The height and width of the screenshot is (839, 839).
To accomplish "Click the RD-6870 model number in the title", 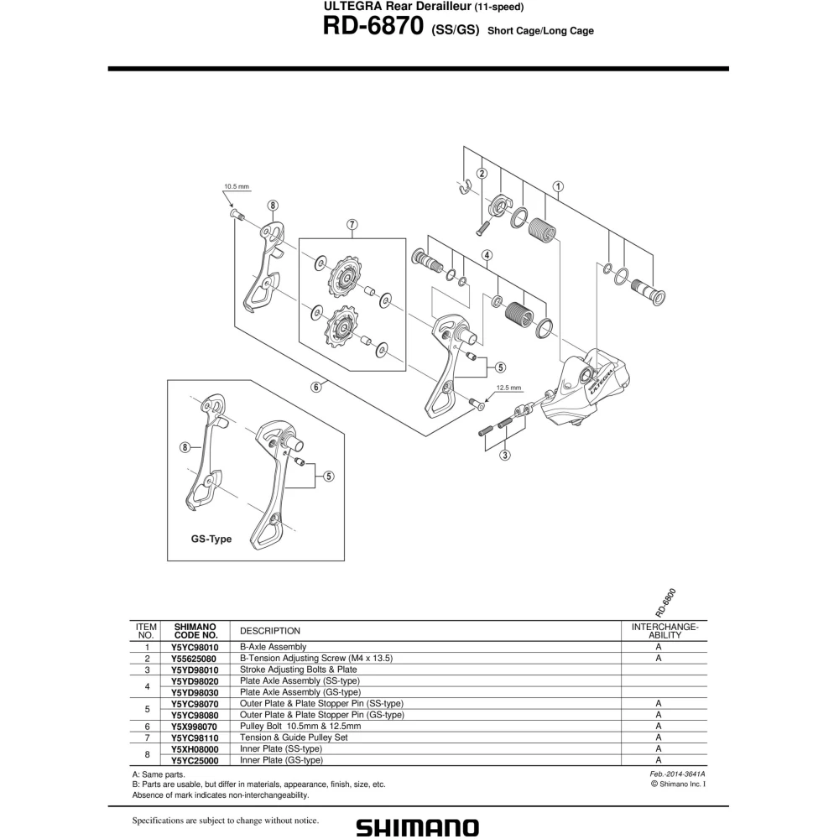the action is (x=373, y=25).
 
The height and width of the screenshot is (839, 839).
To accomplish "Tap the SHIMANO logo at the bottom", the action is (x=417, y=826).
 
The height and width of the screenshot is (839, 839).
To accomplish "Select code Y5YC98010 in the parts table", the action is (x=195, y=647).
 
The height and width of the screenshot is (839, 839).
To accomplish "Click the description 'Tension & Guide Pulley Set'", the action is (x=294, y=737).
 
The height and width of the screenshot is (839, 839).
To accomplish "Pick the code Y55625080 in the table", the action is (x=194, y=659).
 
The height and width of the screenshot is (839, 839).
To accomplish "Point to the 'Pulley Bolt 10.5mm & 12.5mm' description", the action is (x=300, y=726).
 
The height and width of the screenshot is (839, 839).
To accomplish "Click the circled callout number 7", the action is (x=352, y=225).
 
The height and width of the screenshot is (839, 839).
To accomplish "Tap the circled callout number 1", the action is (x=558, y=187).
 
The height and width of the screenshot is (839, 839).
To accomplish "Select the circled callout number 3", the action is (x=504, y=456).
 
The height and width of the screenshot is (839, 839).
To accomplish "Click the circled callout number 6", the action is (x=316, y=387).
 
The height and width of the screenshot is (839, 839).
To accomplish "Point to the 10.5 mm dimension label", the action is (x=237, y=187).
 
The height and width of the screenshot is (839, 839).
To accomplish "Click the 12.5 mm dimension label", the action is (x=508, y=388).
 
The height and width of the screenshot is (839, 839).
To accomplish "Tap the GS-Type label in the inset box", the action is (x=211, y=539).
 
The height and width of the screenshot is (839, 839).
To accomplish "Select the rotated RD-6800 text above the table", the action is (x=665, y=603).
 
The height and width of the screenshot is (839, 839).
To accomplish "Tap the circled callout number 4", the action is (x=487, y=255).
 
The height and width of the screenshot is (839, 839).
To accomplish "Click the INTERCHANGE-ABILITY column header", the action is (x=664, y=631).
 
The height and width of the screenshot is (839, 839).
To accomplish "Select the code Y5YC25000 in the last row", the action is (x=195, y=760).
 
